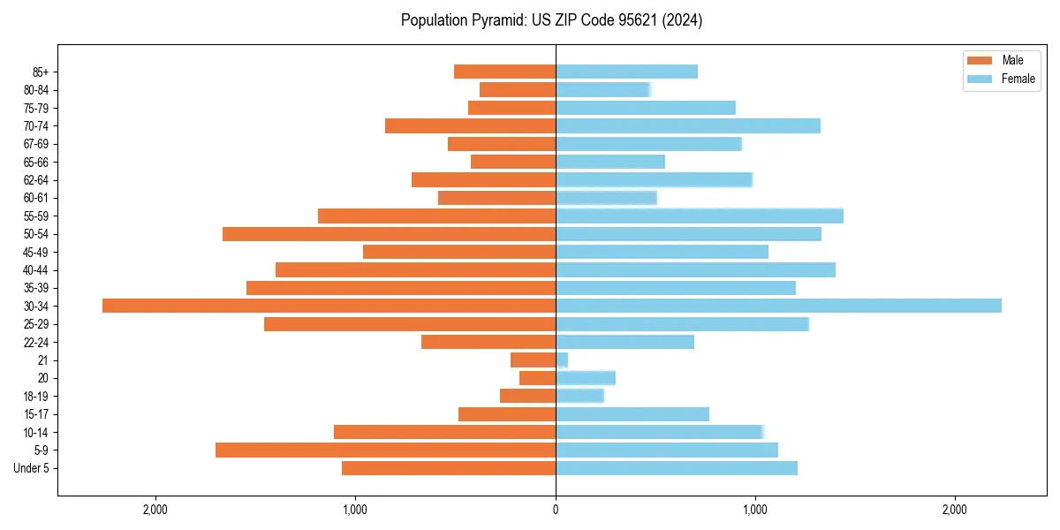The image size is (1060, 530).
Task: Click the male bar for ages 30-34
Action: click(x=329, y=306)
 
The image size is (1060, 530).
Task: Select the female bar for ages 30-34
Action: click(x=778, y=306)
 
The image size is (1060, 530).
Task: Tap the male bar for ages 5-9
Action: click(x=385, y=450)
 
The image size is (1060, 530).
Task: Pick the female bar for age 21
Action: click(x=562, y=360)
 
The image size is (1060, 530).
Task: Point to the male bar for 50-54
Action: click(x=389, y=234)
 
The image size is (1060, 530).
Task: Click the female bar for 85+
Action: click(x=626, y=72)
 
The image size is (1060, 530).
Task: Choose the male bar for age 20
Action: click(x=537, y=378)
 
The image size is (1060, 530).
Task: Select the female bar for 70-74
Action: click(x=687, y=125)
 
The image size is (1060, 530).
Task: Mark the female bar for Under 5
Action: click(x=676, y=468)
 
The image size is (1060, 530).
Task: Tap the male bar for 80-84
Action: click(x=518, y=89)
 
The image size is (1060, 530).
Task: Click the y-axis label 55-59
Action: click(x=36, y=216)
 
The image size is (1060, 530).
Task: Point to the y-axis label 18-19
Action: click(x=36, y=396)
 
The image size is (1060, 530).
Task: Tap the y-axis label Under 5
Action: click(x=32, y=468)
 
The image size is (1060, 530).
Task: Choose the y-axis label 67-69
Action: click(x=36, y=144)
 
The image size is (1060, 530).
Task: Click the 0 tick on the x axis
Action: click(x=556, y=510)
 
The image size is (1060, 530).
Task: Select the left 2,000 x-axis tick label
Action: click(x=155, y=510)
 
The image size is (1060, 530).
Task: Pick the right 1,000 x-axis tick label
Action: click(x=755, y=510)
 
